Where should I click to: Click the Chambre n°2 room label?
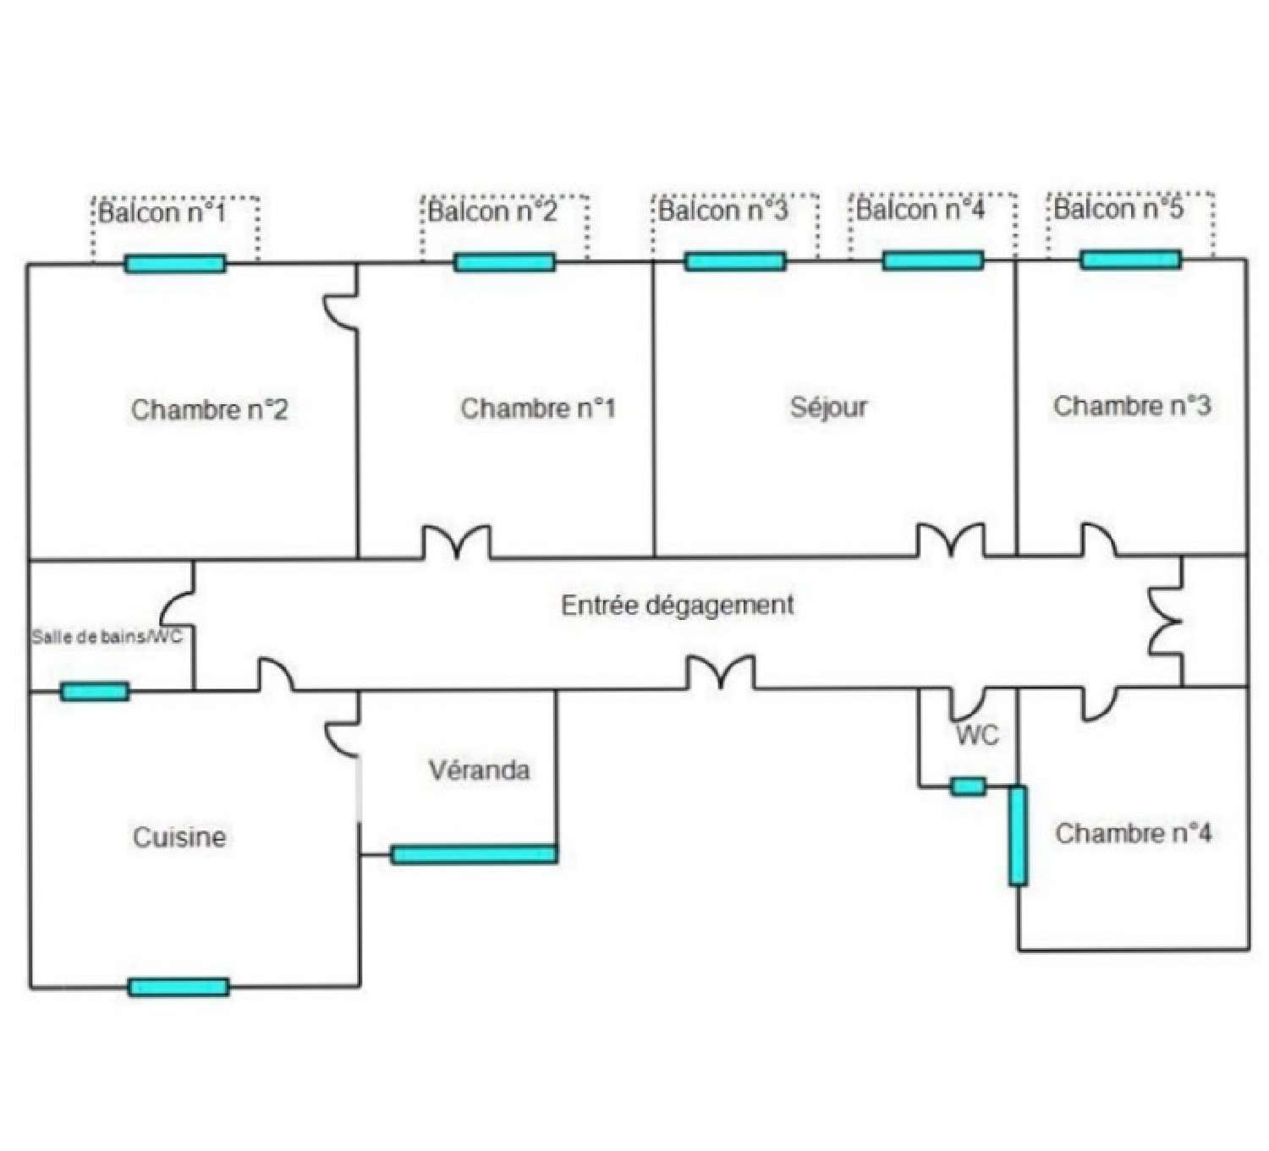point(209,410)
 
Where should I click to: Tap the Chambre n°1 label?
point(538,408)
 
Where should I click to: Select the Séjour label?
point(828,407)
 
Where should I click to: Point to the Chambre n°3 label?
point(1131,406)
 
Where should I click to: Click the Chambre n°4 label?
point(1133,834)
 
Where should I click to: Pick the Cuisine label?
point(179,837)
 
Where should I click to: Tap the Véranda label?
point(479,770)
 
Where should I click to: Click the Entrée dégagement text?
point(678,606)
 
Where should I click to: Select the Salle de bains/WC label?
point(107,637)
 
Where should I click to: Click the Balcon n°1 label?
point(162,211)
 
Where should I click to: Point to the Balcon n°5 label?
point(1118,208)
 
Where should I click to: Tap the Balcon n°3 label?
point(722,210)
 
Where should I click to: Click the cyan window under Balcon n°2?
point(504,262)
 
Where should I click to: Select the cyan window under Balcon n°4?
point(932,260)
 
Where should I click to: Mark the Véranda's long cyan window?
point(474,854)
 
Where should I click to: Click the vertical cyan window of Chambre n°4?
point(1018,836)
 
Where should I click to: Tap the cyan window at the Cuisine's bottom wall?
point(179,987)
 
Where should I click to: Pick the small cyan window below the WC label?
point(968,787)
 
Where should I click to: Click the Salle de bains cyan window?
point(95,692)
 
